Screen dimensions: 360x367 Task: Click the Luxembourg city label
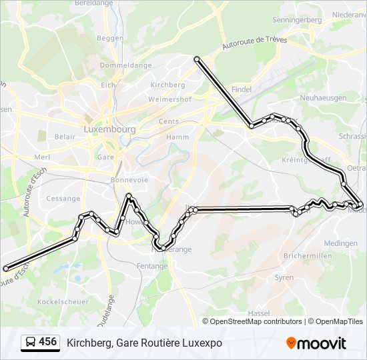tap(110, 129)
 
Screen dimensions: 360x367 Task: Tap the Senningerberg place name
tap(297, 20)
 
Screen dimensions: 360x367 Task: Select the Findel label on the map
tap(242, 89)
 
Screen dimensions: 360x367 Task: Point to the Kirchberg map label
tap(167, 85)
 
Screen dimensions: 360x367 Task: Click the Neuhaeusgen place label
tap(323, 97)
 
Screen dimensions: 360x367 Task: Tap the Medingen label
tap(340, 243)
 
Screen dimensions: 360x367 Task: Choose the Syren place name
tap(284, 277)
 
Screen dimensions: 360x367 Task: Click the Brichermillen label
tap(308, 256)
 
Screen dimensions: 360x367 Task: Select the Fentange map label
tap(154, 266)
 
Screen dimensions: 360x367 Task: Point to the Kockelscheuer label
tap(63, 302)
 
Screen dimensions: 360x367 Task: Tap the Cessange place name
tap(63, 198)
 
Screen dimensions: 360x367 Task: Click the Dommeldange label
tap(117, 65)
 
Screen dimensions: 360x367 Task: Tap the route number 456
tap(47, 342)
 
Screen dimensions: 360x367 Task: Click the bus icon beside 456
tap(30, 343)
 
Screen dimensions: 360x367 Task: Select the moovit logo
tap(316, 343)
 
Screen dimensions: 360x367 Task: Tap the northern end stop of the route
tap(198, 60)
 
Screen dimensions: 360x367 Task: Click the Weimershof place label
tap(169, 99)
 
